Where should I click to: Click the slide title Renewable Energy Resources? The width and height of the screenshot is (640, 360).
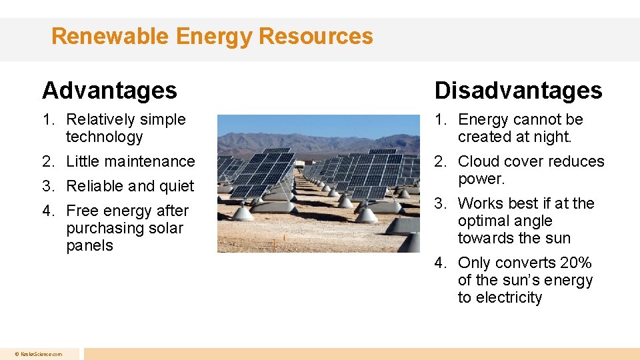click(x=212, y=36)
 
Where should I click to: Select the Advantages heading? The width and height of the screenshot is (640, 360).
click(x=109, y=90)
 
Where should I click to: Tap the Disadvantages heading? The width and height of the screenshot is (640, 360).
click(x=518, y=90)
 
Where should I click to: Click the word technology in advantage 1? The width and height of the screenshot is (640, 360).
click(x=105, y=137)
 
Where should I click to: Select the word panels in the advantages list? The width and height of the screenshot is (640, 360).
click(x=89, y=246)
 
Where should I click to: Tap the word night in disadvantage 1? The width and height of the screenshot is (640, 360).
click(x=553, y=137)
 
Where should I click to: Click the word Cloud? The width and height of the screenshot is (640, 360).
click(x=479, y=161)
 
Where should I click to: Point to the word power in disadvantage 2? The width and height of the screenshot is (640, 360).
click(x=480, y=179)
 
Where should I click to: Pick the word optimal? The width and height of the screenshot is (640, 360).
click(x=485, y=221)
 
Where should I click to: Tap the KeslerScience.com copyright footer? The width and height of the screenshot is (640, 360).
click(x=39, y=354)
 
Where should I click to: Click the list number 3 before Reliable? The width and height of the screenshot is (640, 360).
click(x=47, y=186)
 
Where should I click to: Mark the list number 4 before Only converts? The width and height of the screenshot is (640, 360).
click(x=439, y=263)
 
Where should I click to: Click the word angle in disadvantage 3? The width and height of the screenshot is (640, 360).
click(x=533, y=221)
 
